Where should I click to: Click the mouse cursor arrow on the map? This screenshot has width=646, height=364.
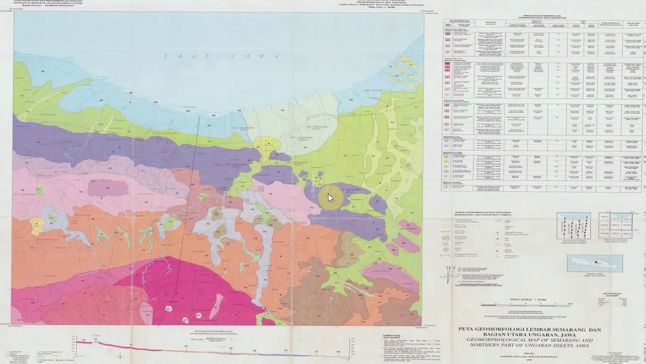pos(331,198)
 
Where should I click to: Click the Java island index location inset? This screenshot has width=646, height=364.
pos(595,263)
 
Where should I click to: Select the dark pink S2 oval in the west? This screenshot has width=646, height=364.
pos(108,188)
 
